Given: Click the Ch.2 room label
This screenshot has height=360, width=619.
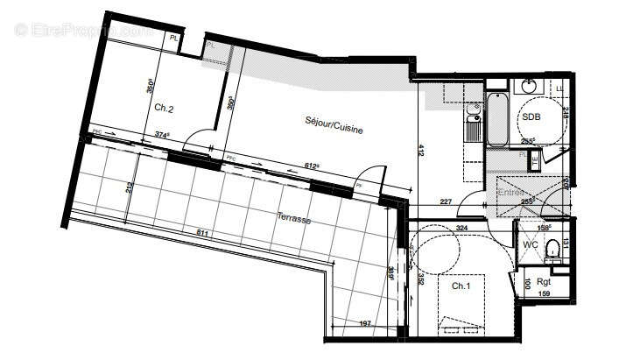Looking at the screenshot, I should pos(164,109).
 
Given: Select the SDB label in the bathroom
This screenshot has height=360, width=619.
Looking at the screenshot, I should pos(531,116).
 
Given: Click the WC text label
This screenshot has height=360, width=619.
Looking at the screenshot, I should pos(530,244).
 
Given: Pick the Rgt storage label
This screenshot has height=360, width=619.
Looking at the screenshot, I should pos(544,282).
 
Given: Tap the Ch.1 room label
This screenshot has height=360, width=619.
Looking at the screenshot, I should pos(461,286).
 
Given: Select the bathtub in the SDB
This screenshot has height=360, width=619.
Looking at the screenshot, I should pos(498,118).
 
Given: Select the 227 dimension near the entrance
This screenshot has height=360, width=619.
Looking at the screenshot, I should pos(446,201).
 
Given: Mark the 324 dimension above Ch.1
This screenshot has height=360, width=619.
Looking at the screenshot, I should pos(461,229).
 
